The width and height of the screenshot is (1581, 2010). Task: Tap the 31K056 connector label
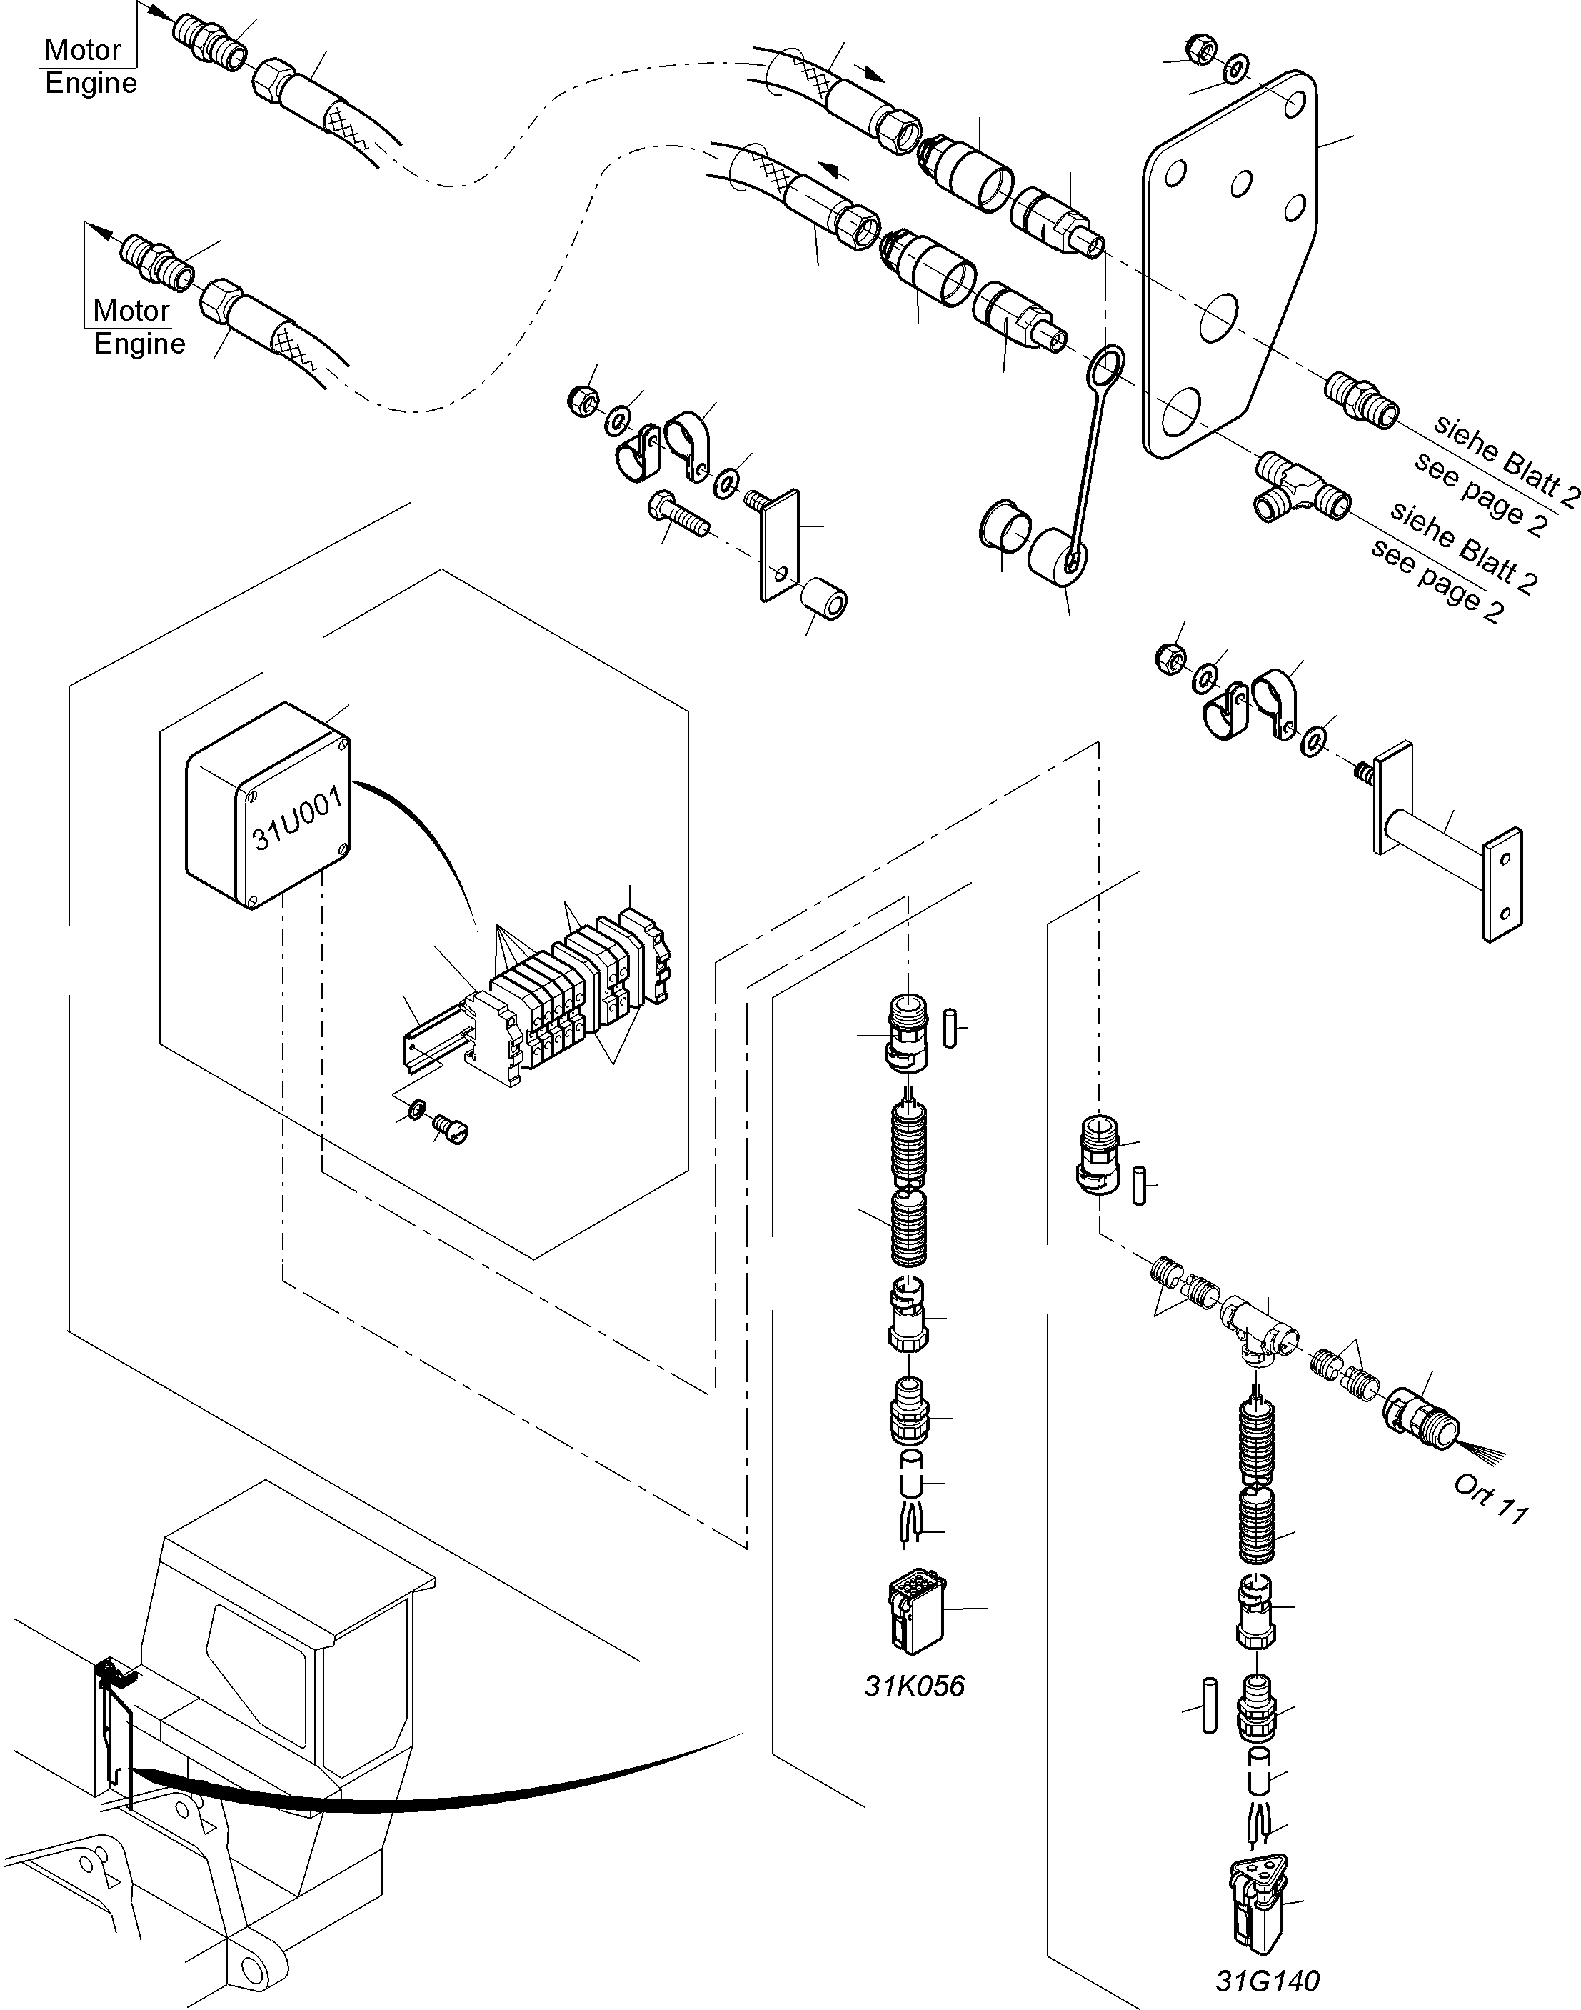(913, 1686)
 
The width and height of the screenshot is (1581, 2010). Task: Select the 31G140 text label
(1266, 1981)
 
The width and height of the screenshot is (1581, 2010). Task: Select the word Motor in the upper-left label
(82, 50)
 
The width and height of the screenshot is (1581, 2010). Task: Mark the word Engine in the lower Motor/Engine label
(139, 344)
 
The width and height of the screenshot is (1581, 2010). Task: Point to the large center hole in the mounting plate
(1219, 316)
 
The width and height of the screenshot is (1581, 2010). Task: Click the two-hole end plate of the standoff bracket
(1502, 884)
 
